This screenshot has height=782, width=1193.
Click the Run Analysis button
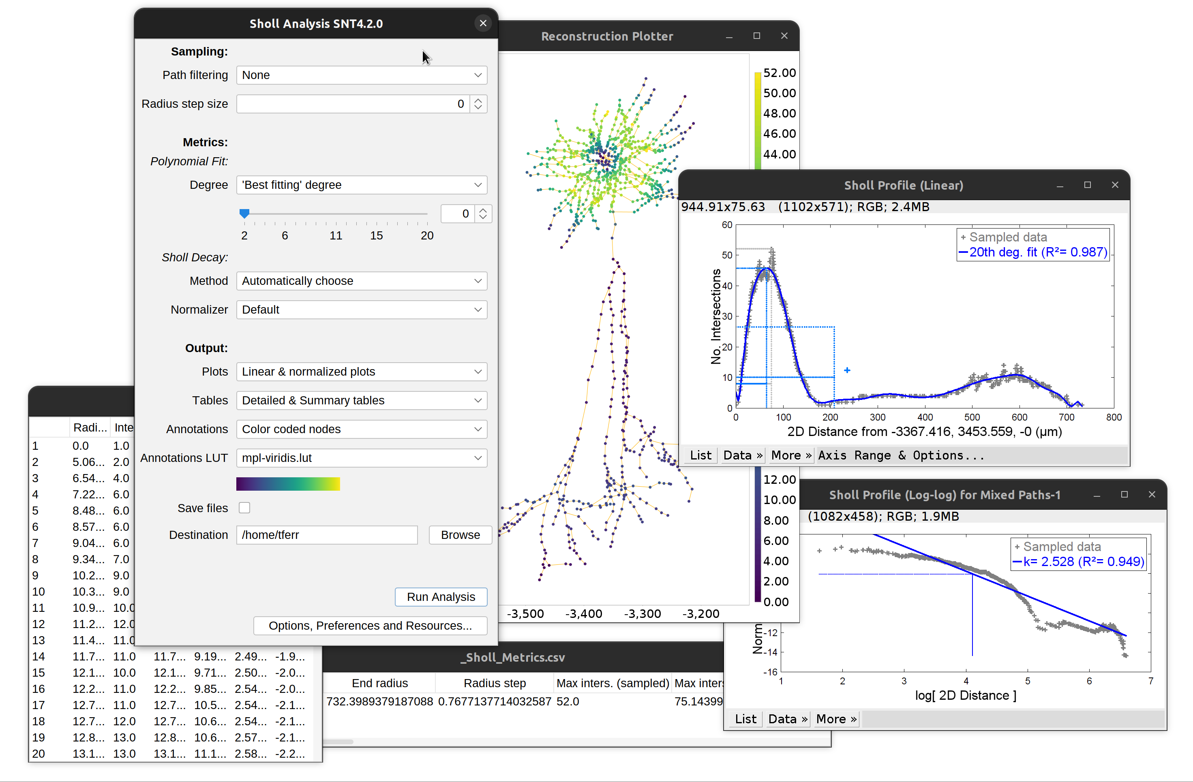(441, 597)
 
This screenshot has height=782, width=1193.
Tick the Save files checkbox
(244, 508)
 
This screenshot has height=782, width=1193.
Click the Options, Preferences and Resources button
(370, 626)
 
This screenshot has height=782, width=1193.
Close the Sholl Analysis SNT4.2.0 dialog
(483, 23)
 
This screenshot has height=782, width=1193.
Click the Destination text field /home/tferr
(327, 535)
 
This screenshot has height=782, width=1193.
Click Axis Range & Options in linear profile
(901, 455)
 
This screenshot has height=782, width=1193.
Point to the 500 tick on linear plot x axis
(972, 417)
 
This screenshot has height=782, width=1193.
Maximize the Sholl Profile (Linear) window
(1087, 185)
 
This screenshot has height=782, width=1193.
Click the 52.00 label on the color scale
(780, 73)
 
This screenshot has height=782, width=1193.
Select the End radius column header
(379, 683)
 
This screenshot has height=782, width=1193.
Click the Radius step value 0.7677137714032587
(494, 701)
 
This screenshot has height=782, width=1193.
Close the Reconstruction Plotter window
(784, 36)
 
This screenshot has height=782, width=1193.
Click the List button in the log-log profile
(745, 719)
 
